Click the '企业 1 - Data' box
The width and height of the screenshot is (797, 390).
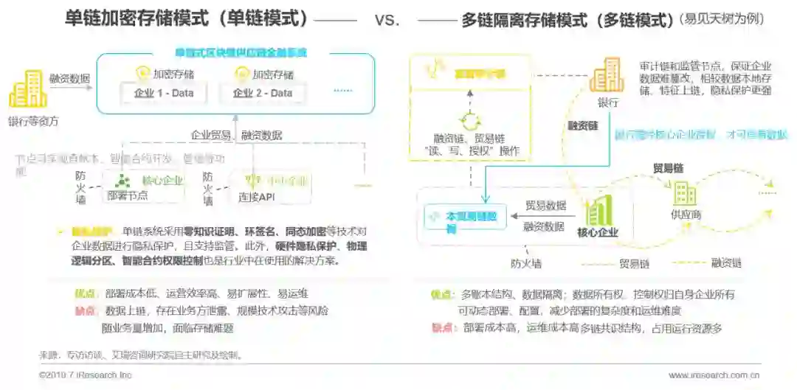163,93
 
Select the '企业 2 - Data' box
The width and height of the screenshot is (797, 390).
263,93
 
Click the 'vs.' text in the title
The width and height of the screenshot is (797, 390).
387,20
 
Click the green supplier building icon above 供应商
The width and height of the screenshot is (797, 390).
685,193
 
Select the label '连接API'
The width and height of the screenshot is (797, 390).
256,197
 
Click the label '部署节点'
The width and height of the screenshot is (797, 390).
127,195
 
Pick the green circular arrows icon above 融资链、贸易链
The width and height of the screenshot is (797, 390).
469,121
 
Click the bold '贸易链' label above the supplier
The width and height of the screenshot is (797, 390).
667,168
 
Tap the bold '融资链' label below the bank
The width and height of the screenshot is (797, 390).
583,126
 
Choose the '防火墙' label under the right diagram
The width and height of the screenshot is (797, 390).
526,262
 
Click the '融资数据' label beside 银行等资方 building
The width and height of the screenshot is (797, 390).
69,77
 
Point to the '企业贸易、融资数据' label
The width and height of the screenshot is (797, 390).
236,135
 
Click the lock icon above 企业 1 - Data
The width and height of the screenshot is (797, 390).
143,73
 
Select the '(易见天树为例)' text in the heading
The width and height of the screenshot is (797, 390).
734,20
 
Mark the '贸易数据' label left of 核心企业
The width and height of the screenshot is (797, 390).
545,206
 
